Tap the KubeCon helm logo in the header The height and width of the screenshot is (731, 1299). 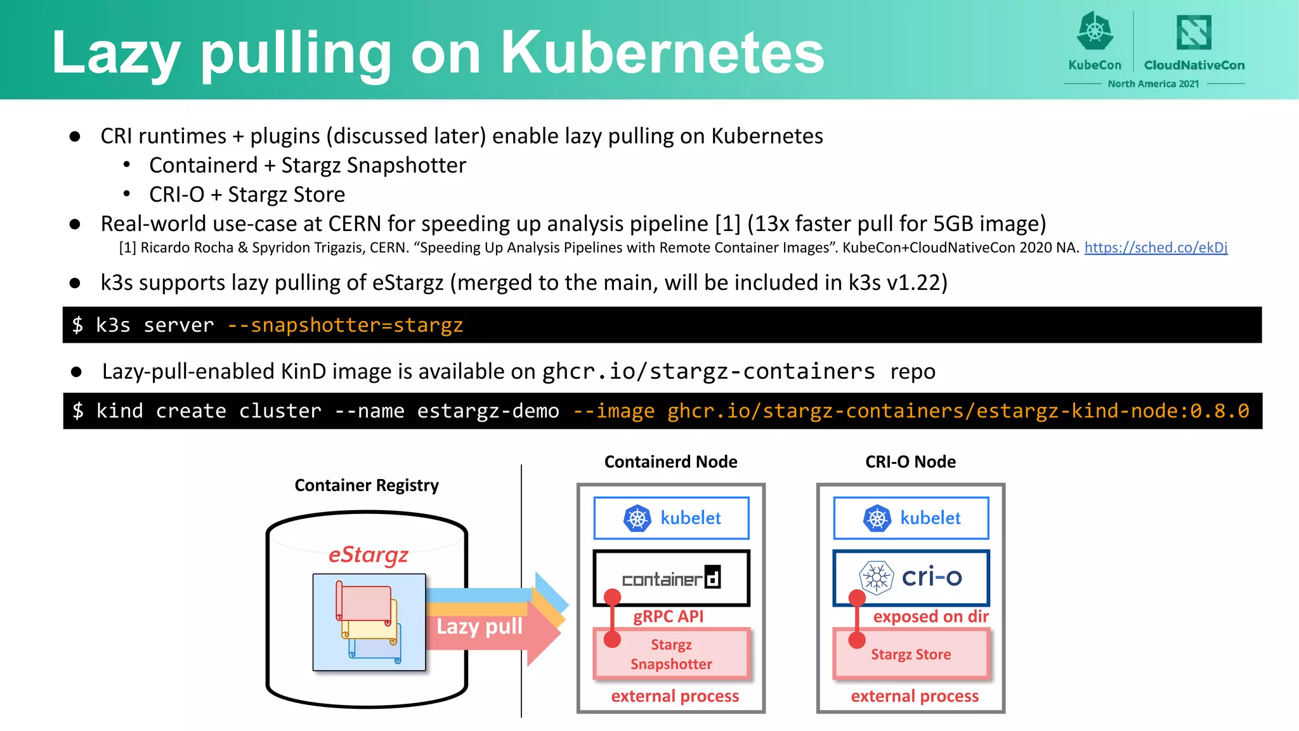(x=1095, y=32)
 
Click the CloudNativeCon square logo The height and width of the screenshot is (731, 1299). (x=1194, y=32)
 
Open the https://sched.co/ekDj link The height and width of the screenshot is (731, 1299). (x=1156, y=247)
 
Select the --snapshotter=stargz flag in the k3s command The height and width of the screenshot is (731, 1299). (x=345, y=325)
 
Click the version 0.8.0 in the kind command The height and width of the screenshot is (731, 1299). (x=1219, y=411)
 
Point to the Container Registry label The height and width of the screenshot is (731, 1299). (x=367, y=485)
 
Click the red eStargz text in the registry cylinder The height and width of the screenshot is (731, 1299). (x=369, y=555)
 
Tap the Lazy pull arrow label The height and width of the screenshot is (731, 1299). (x=480, y=626)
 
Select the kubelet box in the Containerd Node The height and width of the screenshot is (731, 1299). (x=671, y=518)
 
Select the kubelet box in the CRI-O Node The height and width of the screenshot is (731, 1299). (x=911, y=518)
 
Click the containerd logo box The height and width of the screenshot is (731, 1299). (x=671, y=578)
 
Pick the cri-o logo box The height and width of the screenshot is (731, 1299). (x=911, y=577)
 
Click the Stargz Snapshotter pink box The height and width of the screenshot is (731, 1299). (x=671, y=654)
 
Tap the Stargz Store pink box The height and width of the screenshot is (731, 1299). (x=911, y=654)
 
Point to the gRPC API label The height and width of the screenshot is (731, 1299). (x=669, y=616)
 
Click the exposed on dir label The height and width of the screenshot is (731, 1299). (x=930, y=616)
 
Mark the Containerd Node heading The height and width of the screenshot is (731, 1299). (x=670, y=462)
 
